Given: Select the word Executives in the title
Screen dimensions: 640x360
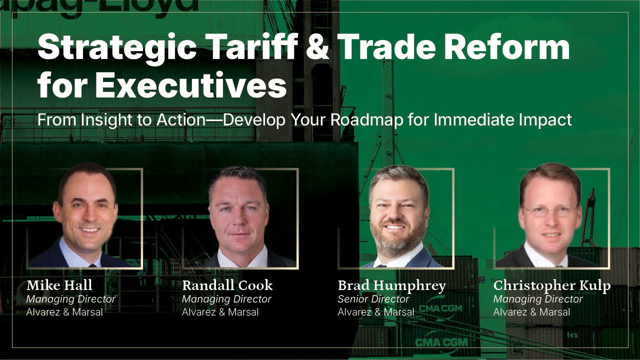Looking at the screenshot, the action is pos(191,85).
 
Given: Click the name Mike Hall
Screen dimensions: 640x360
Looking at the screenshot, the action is pos(59,285).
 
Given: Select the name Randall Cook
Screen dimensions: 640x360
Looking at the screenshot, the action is pos(227,285).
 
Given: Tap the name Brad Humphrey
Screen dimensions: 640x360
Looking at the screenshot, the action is pos(391,285).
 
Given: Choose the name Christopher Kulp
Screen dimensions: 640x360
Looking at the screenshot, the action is pos(552,285).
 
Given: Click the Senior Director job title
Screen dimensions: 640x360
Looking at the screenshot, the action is pos(373,299).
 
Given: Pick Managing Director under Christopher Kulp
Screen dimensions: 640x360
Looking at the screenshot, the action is pos(538,299).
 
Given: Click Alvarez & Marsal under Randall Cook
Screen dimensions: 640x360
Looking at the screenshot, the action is pos(220,312).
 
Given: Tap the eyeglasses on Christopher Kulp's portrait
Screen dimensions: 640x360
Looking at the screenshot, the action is pos(550,211).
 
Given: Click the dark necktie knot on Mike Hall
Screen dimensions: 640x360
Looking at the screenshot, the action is pos(92,265).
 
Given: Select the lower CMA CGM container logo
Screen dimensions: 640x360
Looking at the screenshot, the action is pos(441,342).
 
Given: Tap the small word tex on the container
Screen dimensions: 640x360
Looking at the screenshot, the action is pos(572,335).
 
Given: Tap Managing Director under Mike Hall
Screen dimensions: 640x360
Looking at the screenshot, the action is pos(71,299).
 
